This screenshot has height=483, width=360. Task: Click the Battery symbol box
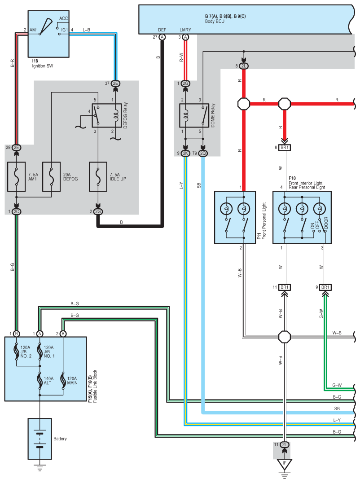pos(40,439)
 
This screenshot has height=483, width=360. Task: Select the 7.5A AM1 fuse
pos(16,177)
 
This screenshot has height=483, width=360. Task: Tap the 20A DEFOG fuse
pos(51,177)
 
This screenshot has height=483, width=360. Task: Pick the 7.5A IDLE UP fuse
pos(98,177)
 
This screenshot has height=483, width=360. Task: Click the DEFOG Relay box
pos(106,115)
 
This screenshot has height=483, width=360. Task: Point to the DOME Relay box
pos(194,115)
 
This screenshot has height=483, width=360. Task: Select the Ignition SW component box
pos(48,34)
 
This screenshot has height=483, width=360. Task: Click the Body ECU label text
pos(215,21)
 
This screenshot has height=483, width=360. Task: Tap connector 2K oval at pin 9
pos(185,153)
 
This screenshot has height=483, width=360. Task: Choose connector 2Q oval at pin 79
pos(203,153)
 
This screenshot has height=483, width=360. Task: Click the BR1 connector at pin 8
pos(285,148)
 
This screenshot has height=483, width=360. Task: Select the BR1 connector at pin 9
pos(325,287)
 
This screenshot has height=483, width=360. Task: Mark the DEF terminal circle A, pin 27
pos(162,37)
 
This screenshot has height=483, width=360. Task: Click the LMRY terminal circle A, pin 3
pos(185,37)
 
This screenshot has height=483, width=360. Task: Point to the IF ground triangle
pos(284,464)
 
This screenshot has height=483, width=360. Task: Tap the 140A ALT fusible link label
pos(48,380)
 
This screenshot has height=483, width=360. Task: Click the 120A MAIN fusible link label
pos(72,380)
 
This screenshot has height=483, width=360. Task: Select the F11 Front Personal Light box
pos(235,217)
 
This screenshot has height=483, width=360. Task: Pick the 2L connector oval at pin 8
pos(244,66)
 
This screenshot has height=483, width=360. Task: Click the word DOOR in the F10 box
pos(326,223)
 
